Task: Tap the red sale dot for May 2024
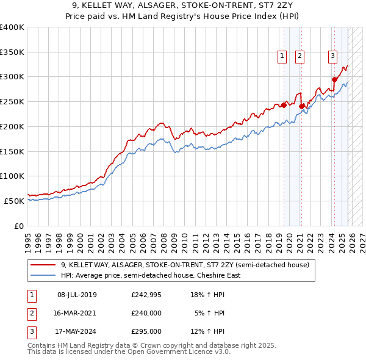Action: coord(334,79)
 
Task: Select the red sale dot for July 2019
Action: coord(284,105)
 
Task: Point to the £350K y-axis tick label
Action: coord(12,52)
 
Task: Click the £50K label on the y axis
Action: coord(15,201)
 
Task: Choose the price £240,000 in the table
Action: coord(146,313)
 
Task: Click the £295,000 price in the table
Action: coord(146,331)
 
